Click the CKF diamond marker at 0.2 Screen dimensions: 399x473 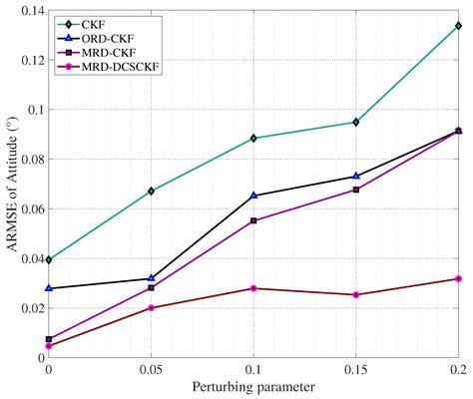[x=458, y=26]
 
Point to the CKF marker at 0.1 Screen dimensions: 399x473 [x=253, y=138]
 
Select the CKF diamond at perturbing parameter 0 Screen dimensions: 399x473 [x=49, y=259]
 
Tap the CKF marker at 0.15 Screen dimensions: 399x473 [x=355, y=122]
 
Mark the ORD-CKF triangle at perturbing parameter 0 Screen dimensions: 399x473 [x=49, y=288]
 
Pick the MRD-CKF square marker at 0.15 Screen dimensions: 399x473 [x=355, y=190]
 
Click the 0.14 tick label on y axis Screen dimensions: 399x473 [x=29, y=10]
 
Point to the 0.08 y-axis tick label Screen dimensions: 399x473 [x=29, y=159]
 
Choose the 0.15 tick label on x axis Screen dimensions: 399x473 [x=355, y=370]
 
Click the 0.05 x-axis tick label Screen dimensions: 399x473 [x=151, y=370]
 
